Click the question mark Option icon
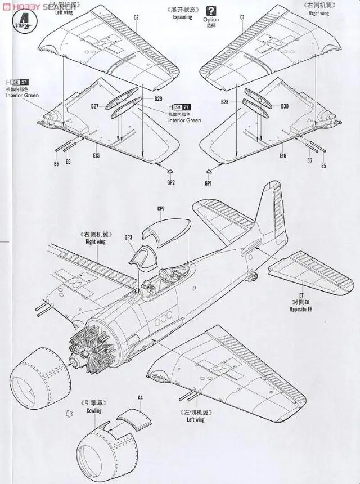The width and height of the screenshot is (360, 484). point(211,10)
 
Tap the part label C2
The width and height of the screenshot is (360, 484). point(136,17)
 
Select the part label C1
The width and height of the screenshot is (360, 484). point(242,17)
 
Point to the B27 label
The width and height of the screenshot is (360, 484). point(94,106)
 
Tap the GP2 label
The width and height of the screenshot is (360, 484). point(171,182)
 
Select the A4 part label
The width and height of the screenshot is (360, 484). point(141,398)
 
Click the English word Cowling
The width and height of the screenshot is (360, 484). point(94,411)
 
